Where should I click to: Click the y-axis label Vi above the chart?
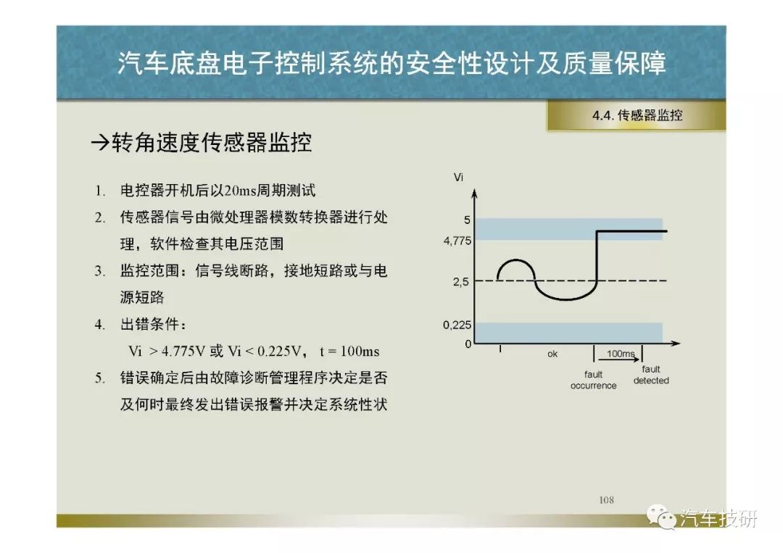(x=458, y=177)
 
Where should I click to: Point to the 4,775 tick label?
(x=457, y=241)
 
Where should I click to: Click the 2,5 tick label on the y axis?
(x=461, y=282)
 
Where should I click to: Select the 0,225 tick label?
(x=457, y=325)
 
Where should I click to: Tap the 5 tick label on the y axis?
(x=467, y=220)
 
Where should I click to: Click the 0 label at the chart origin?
(x=468, y=344)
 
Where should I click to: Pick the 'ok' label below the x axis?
(x=552, y=354)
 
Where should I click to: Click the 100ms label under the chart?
(x=621, y=354)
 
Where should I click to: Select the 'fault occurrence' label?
(x=593, y=380)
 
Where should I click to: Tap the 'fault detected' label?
(x=651, y=375)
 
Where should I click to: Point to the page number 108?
(x=606, y=499)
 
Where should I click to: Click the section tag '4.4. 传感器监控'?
(x=637, y=115)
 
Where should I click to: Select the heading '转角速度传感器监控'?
(x=212, y=143)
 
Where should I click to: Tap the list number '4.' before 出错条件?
(x=100, y=325)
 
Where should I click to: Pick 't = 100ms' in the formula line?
(x=349, y=352)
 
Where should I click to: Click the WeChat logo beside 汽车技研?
(x=660, y=517)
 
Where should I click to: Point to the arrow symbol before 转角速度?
(x=100, y=144)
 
